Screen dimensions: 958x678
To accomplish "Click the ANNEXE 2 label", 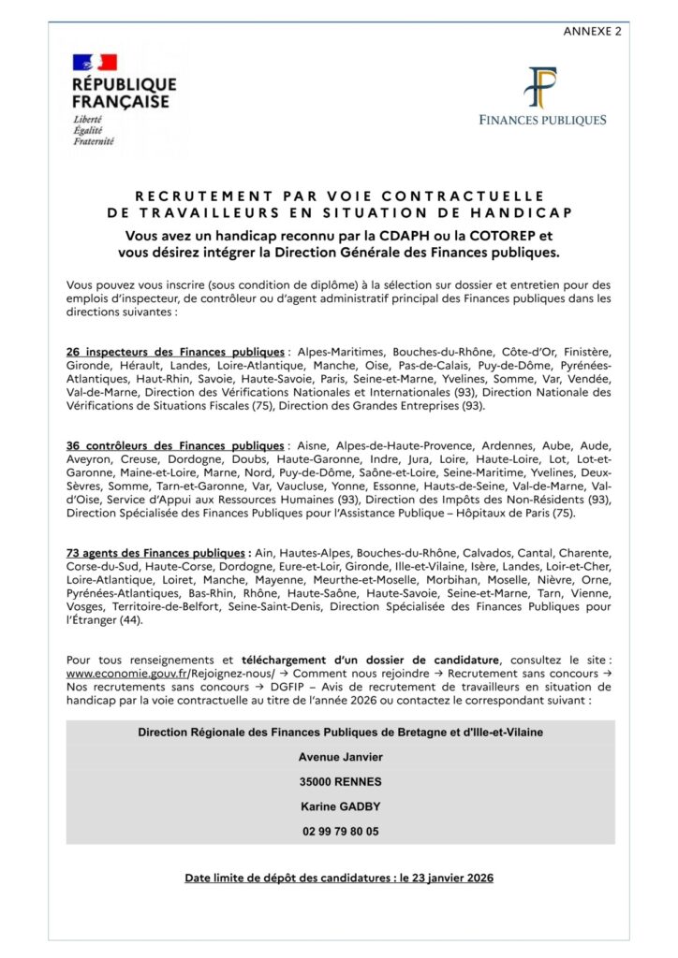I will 592,31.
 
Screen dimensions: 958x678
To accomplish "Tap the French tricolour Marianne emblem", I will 95,64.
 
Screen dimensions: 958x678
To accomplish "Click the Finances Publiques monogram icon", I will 542,88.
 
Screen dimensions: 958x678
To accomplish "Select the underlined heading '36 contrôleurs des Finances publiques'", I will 175,444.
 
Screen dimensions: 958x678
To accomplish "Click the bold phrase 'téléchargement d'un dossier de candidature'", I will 370,659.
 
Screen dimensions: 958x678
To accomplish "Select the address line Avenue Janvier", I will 341,757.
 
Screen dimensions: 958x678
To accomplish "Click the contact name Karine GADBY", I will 341,806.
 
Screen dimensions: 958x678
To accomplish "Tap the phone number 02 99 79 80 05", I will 341,830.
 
